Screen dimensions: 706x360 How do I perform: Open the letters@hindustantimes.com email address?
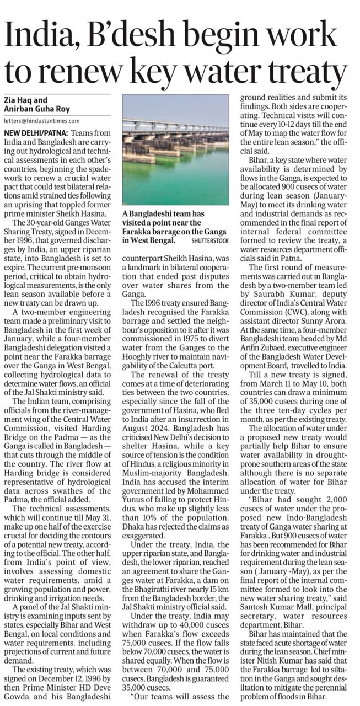(x=42, y=120)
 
